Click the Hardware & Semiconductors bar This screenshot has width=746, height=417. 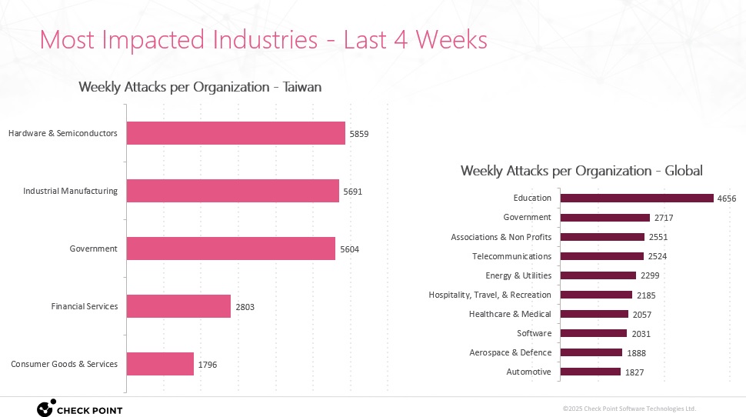[x=235, y=133]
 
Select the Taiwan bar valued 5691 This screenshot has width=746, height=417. [x=232, y=191]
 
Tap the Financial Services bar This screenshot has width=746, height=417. [x=178, y=306]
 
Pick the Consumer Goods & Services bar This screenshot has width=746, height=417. [x=160, y=364]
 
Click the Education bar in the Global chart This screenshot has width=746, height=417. [x=637, y=198]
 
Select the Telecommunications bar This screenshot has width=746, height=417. [x=601, y=256]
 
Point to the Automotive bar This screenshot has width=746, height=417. [x=590, y=372]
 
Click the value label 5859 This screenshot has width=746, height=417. [x=359, y=134]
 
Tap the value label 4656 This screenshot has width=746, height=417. [x=727, y=198]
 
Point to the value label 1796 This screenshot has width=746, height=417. [x=208, y=365]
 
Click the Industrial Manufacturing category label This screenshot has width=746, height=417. [x=70, y=191]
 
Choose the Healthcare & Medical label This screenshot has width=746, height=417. [x=510, y=314]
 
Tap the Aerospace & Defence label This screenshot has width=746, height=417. [x=510, y=352]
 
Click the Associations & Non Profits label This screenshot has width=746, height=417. [x=501, y=237]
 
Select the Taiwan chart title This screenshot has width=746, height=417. [x=200, y=87]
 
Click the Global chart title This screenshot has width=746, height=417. [x=581, y=171]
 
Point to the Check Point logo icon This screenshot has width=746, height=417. [x=45, y=409]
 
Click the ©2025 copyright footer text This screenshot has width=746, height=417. [x=629, y=409]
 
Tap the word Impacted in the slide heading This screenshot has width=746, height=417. [x=163, y=39]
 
